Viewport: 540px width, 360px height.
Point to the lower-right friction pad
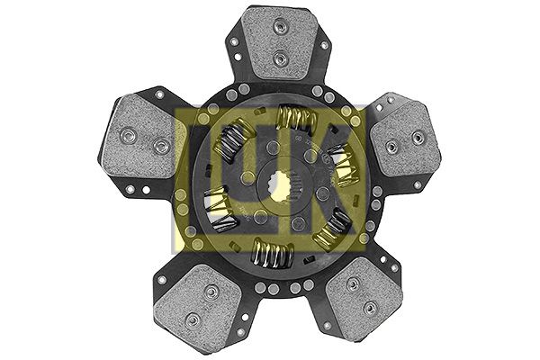coord(364,297)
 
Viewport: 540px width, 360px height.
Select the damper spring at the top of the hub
coord(297,118)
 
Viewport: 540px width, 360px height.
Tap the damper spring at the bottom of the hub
coord(273,253)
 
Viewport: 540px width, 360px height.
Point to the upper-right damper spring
coord(341,165)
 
